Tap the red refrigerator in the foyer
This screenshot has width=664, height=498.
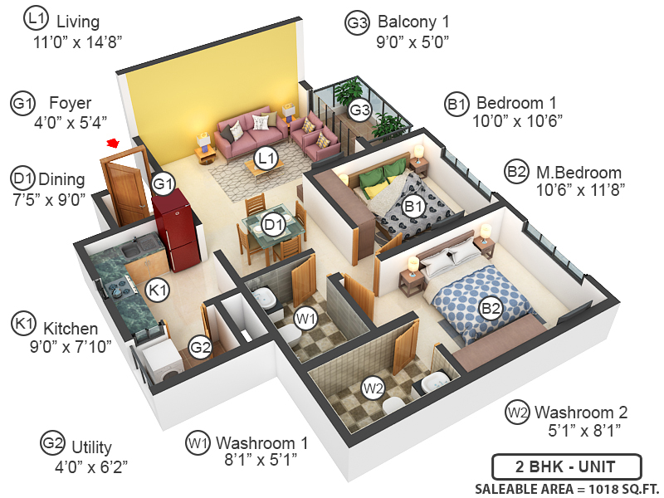click(x=173, y=232)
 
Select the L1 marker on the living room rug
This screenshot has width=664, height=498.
click(x=266, y=156)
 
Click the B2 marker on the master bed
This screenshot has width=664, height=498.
click(x=491, y=309)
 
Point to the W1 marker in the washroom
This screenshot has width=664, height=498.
click(x=306, y=318)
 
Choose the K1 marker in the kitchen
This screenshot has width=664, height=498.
click(x=157, y=290)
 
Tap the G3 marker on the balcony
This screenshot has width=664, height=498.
click(x=359, y=109)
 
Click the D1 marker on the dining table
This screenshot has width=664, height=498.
click(x=273, y=224)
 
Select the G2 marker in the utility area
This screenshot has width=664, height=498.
click(x=199, y=347)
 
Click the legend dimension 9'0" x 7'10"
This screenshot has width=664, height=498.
click(x=70, y=347)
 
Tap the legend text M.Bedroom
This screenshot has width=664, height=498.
click(x=579, y=173)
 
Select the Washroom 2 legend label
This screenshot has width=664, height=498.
click(x=581, y=412)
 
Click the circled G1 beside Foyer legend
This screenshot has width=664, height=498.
click(x=22, y=105)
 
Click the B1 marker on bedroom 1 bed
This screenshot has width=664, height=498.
click(x=413, y=205)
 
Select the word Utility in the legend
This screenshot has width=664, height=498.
click(x=91, y=448)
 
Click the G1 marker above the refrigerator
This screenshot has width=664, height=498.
click(x=164, y=183)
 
